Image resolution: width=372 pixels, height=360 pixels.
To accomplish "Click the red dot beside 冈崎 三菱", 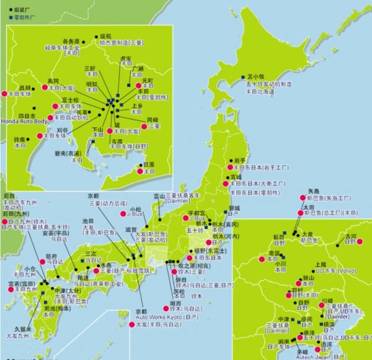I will (141, 125).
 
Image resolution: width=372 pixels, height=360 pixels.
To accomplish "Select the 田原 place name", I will (149, 164).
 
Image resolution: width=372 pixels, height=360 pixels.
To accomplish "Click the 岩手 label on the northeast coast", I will (241, 160).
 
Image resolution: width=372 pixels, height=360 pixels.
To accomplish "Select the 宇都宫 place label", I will (197, 213).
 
